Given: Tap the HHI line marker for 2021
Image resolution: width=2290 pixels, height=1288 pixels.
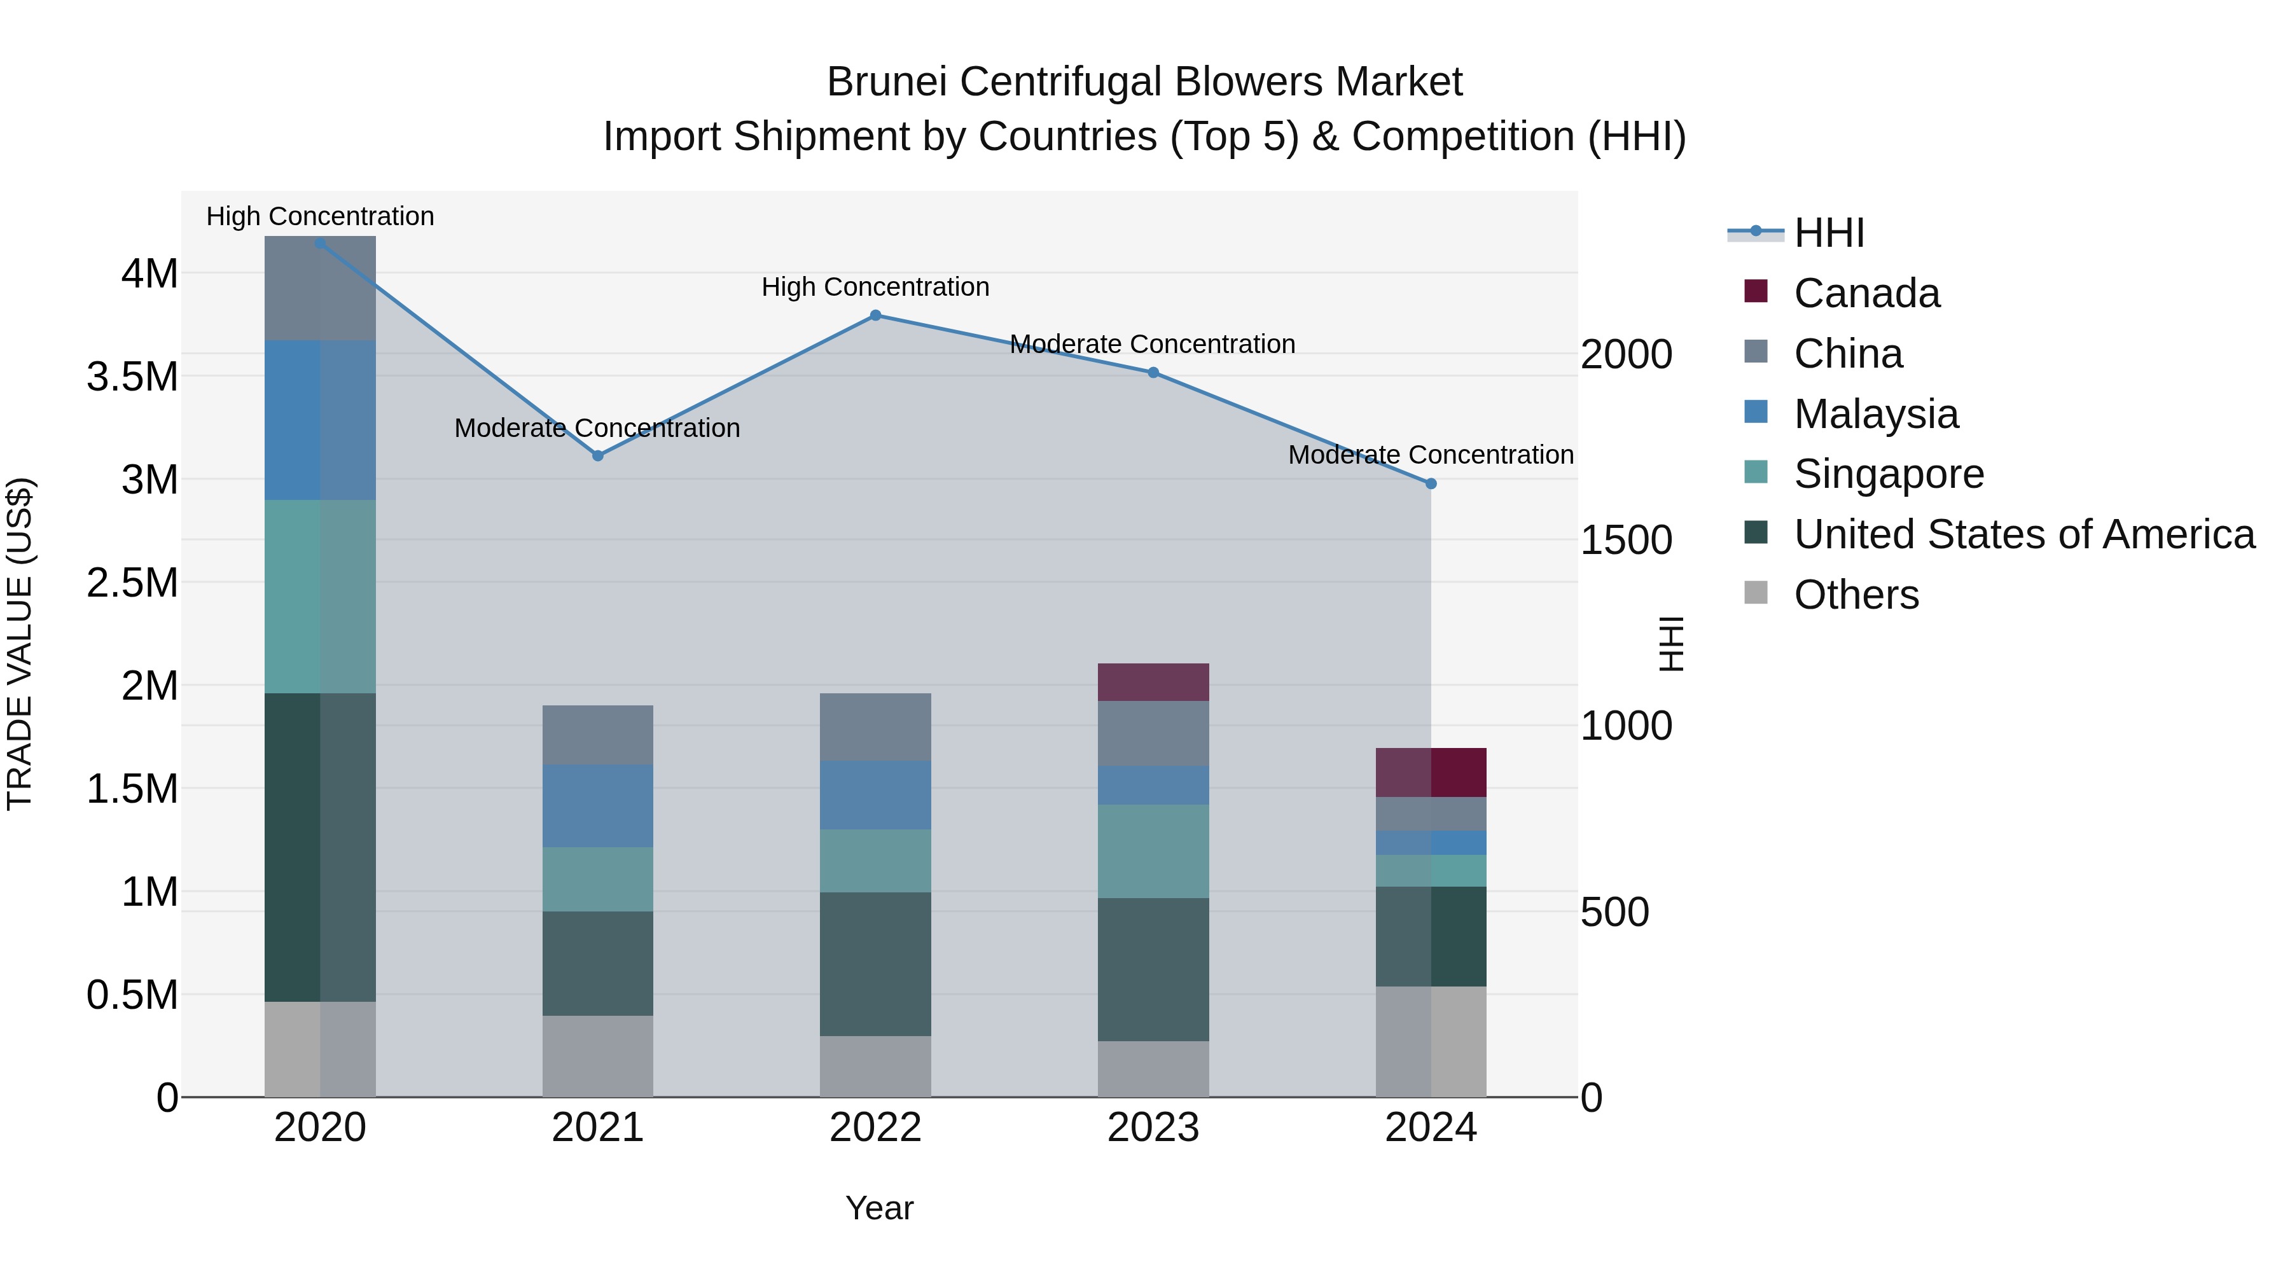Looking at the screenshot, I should click(x=597, y=455).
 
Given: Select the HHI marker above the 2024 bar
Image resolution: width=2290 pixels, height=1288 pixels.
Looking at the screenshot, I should click(x=1431, y=483).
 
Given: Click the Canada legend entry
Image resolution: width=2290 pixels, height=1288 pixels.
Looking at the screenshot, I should click(x=1865, y=293).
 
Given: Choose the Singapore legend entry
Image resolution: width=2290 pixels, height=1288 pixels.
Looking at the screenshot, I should click(x=1887, y=474).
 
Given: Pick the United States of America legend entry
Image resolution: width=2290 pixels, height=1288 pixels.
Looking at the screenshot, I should click(x=2023, y=534).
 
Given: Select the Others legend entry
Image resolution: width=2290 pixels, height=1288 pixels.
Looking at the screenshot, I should click(x=1856, y=595).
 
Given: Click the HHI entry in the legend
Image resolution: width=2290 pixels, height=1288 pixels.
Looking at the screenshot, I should click(x=1829, y=233).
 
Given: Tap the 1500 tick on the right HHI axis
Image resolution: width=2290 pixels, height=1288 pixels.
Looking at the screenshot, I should click(x=1626, y=541).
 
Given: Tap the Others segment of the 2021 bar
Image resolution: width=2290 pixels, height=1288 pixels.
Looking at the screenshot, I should click(x=597, y=1056).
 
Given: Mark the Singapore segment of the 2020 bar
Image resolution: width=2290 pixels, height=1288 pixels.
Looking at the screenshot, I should click(x=319, y=597).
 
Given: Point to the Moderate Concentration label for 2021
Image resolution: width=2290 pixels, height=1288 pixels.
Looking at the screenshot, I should click(x=597, y=429).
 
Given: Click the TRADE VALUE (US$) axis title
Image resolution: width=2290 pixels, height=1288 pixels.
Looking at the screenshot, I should click(x=20, y=644).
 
